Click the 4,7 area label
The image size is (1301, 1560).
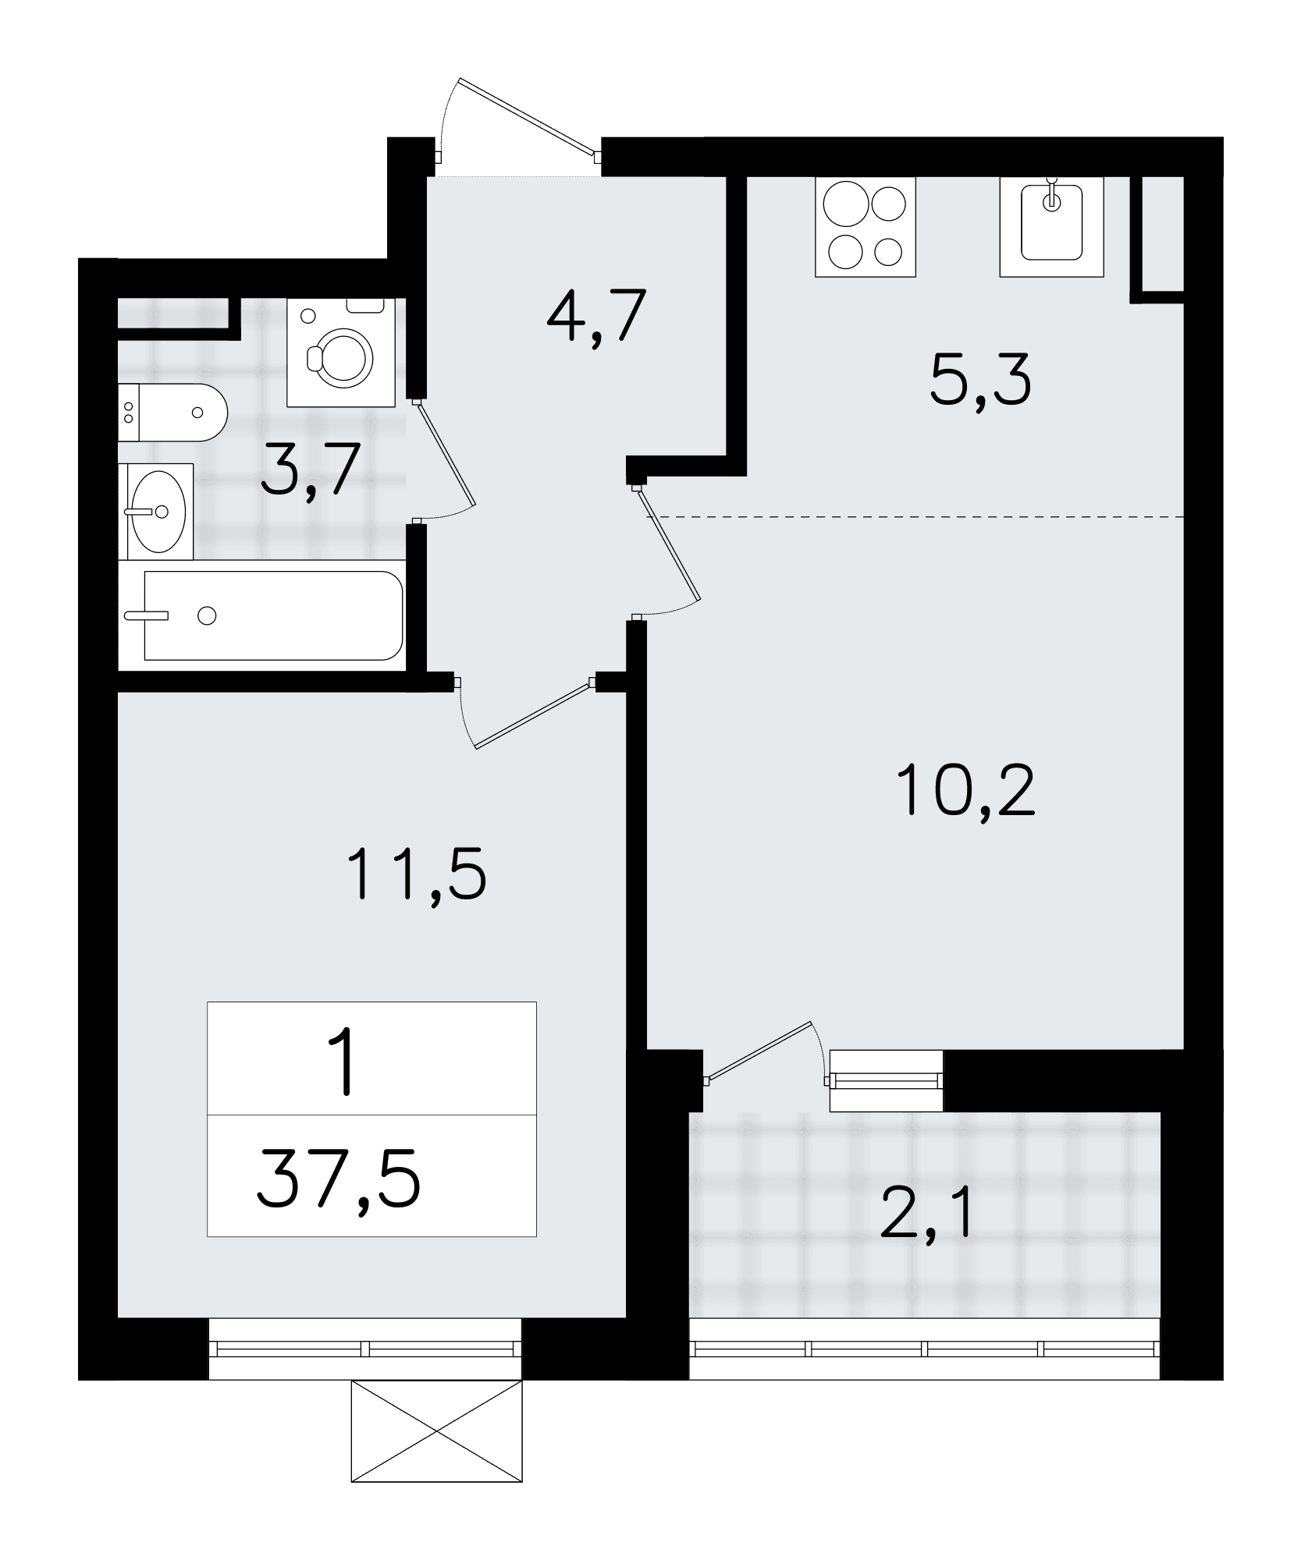click(x=596, y=317)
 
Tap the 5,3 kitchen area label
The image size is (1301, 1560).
click(x=981, y=379)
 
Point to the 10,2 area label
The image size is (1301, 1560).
click(x=966, y=789)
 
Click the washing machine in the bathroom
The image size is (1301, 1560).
click(x=342, y=353)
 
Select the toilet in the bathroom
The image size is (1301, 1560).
click(x=172, y=413)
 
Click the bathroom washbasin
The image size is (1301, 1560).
click(x=156, y=511)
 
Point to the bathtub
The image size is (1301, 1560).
click(x=272, y=615)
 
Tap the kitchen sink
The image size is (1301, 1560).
click(x=1052, y=227)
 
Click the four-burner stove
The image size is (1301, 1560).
click(x=866, y=227)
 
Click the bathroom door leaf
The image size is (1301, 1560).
click(x=446, y=453)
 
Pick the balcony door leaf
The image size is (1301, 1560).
click(x=759, y=1051)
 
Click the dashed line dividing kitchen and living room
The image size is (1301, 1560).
click(x=915, y=517)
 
